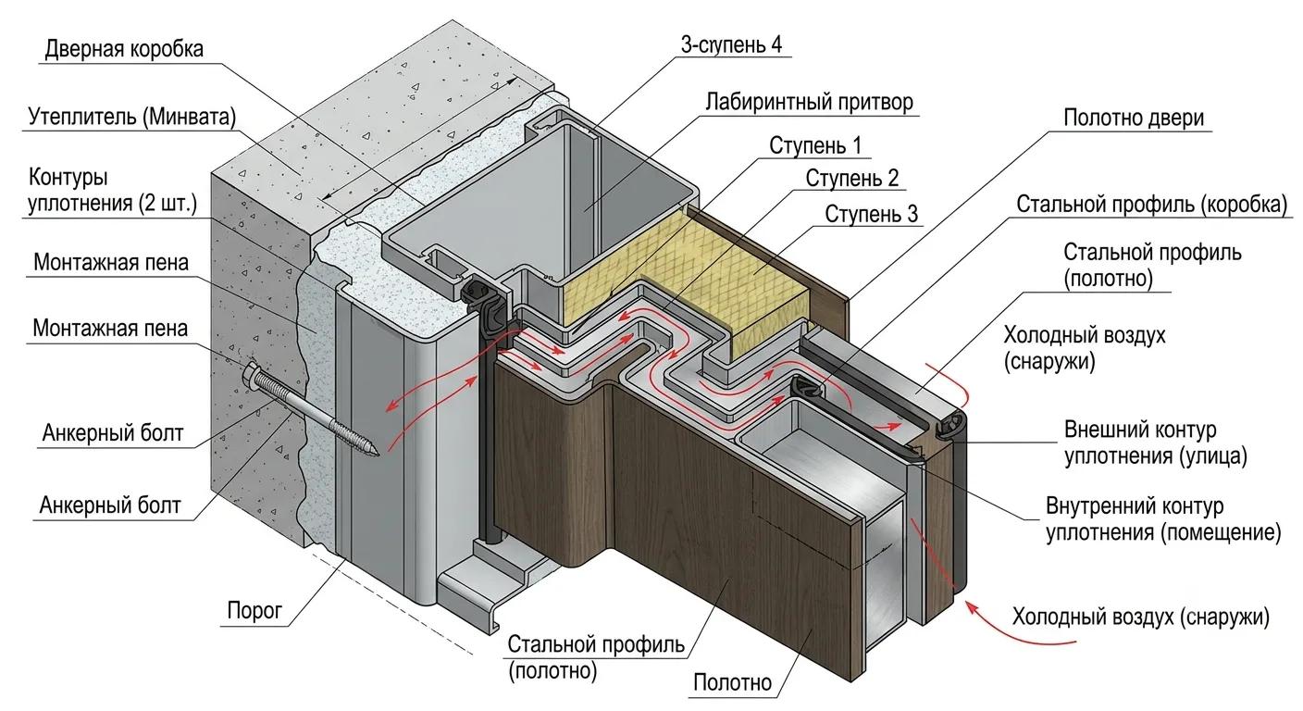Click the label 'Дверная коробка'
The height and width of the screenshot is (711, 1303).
coord(124,49)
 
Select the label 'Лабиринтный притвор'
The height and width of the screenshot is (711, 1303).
coord(809,103)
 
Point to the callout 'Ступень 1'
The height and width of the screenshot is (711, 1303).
coord(815,145)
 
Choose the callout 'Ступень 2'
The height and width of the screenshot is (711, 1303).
coord(851,178)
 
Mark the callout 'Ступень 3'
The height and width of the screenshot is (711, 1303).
coord(871,214)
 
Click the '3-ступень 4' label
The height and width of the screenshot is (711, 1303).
coord(731,45)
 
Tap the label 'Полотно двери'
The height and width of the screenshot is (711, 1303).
coord(1133,118)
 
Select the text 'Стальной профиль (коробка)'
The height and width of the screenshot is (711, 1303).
coord(1152,205)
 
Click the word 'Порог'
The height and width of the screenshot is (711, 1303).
coord(254,610)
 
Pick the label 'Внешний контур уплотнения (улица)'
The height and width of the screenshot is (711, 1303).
coord(1156,443)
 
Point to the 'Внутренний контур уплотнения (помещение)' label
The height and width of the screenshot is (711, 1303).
coord(1163,519)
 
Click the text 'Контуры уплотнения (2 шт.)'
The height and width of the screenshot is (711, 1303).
coord(112,191)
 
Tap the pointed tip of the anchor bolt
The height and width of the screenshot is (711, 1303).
coord(378,454)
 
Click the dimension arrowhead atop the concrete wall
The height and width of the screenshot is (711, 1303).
coord(510,82)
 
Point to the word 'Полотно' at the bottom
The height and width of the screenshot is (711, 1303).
coord(732,682)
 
